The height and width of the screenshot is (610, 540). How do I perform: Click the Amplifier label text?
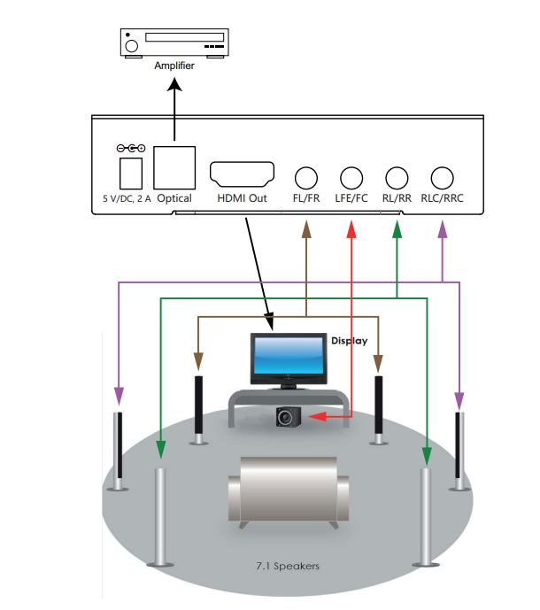click(174, 66)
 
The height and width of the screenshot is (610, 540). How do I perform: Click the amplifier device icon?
click(174, 42)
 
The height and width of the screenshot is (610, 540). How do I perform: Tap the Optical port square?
click(174, 166)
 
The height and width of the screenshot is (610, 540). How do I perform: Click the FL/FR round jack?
click(306, 176)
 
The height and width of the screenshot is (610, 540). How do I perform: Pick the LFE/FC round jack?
click(351, 176)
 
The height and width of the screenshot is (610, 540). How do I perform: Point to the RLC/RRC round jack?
click(443, 176)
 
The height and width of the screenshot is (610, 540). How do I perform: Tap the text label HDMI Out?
click(242, 198)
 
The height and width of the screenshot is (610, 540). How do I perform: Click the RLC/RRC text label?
click(443, 198)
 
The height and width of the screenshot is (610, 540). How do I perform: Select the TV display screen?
click(287, 356)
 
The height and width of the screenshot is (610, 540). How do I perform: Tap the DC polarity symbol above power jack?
click(130, 148)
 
